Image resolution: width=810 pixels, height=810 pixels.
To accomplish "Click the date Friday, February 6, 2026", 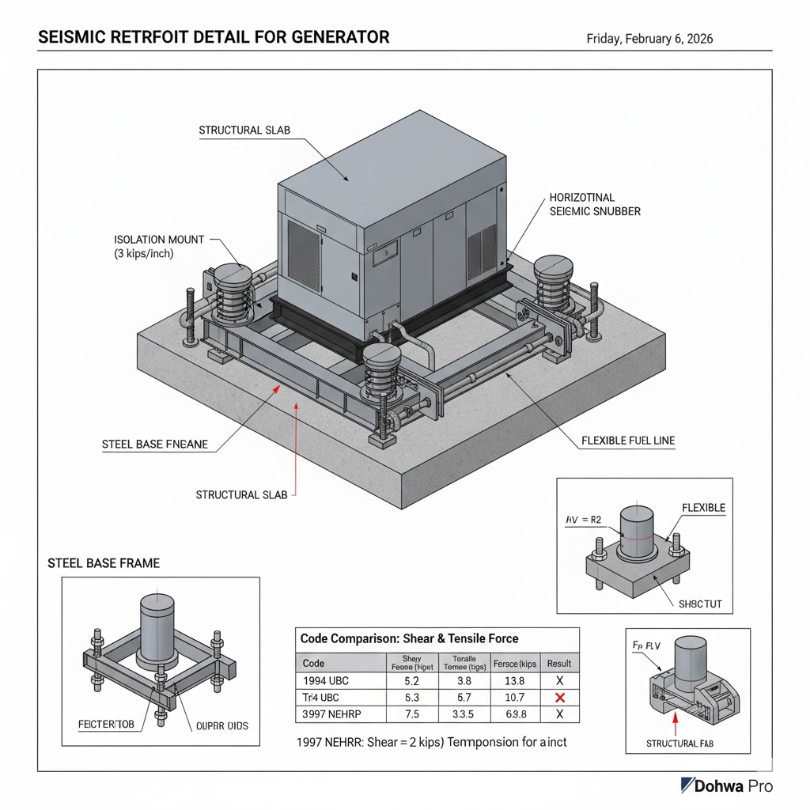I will (x=648, y=38).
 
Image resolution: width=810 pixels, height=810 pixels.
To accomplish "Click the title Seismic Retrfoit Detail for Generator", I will (x=214, y=37).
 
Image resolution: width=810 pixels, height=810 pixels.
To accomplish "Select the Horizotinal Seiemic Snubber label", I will (x=594, y=204).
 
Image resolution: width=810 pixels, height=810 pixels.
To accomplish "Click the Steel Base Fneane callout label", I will (x=155, y=445).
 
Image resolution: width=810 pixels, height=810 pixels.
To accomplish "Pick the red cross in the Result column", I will (x=559, y=698).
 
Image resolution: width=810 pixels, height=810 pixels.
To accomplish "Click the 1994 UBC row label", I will (x=326, y=680).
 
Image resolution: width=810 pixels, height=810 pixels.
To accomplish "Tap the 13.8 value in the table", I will (x=515, y=680).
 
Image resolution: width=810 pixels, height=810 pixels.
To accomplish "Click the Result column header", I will (x=559, y=663).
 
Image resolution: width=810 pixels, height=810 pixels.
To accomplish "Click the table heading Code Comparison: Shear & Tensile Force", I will (x=410, y=638).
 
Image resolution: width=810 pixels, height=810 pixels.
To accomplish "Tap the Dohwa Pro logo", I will (x=727, y=785).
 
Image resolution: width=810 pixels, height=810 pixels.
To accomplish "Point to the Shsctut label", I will (x=700, y=605).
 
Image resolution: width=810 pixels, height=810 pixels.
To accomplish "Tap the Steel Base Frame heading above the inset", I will (x=104, y=563).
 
